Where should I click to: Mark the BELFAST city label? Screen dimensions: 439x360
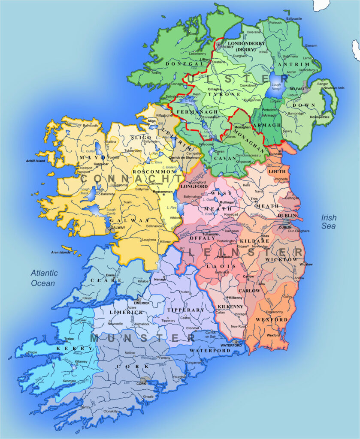tap(297, 89)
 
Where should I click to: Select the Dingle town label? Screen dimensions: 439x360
tap(33, 353)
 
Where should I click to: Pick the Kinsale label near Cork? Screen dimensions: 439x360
tap(148, 397)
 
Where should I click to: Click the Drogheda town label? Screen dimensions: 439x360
tap(275, 179)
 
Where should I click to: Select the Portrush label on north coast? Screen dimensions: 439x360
tap(275, 22)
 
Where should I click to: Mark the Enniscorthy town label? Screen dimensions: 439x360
tap(275, 312)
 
